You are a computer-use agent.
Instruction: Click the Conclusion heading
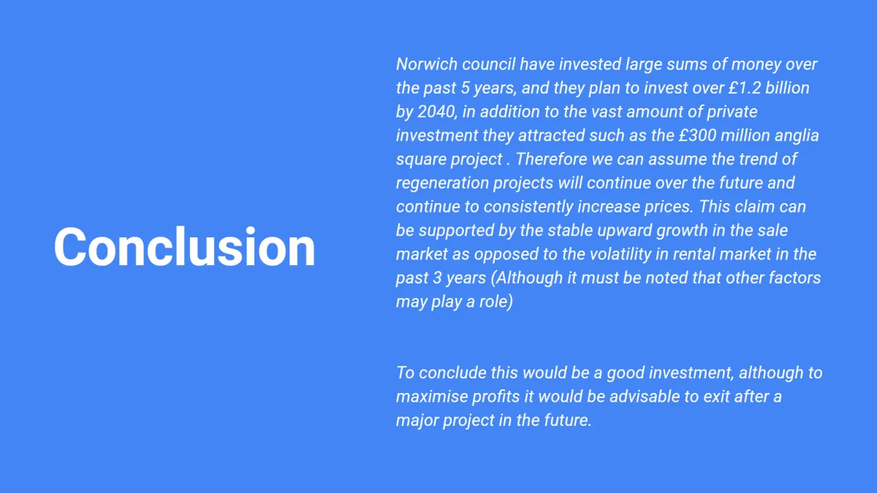coord(184,247)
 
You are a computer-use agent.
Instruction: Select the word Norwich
coord(427,64)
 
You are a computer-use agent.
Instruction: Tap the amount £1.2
coord(745,88)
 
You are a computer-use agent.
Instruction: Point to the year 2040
coord(436,112)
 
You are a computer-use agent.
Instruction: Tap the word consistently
coord(528,207)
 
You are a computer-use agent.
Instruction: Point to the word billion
coord(787,88)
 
